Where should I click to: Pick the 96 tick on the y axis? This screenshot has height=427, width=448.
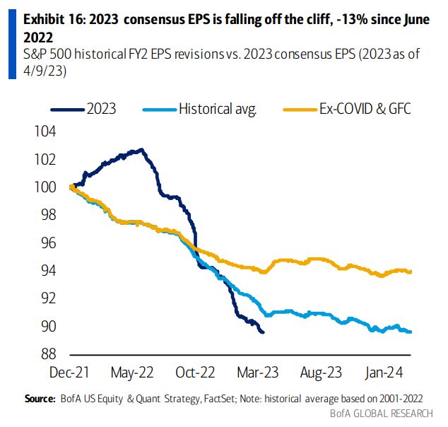point(45,243)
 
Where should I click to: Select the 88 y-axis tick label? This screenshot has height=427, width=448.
point(45,354)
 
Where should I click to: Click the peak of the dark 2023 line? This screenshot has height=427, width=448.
point(142,149)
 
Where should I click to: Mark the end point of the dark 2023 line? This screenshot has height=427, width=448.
point(264,332)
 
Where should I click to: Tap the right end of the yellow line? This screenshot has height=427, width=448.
point(411,271)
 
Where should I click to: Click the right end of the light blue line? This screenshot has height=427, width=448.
point(411,332)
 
